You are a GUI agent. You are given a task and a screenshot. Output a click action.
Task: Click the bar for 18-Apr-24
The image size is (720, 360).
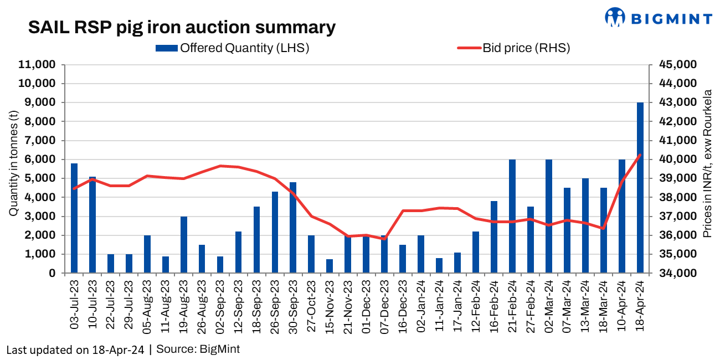(640, 188)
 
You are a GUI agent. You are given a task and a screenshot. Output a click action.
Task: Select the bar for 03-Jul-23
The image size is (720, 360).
(74, 218)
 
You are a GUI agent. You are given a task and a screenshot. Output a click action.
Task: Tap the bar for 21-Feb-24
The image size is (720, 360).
(512, 216)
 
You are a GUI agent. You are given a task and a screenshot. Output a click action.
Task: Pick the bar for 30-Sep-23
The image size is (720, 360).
(293, 228)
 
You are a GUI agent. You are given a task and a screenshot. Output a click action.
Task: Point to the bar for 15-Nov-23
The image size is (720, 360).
(330, 266)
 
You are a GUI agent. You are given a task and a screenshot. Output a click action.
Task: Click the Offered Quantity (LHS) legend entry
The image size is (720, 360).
(233, 48)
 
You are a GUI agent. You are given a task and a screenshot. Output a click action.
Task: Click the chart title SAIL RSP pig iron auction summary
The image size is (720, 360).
(182, 27)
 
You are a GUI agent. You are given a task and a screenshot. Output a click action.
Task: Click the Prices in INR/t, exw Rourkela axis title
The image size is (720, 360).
(707, 163)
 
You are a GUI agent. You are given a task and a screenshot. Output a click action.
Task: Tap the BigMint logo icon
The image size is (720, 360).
(615, 17)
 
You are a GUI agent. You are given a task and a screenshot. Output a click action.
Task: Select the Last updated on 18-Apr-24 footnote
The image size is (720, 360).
(76, 349)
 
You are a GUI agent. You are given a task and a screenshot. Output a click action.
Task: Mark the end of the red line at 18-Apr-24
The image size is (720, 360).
(640, 155)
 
